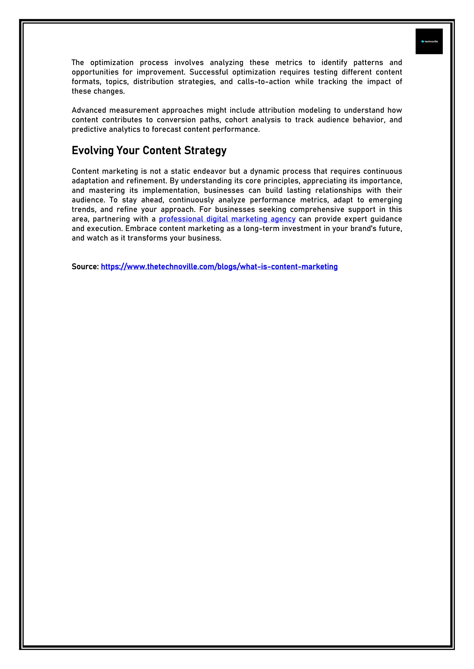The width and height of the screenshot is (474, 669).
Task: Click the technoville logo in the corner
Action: pos(429,41)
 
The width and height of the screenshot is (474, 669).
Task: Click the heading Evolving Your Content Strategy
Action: pos(149,151)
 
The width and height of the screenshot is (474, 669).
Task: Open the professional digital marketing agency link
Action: pos(227,219)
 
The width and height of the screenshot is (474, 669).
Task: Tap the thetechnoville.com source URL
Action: pos(219,267)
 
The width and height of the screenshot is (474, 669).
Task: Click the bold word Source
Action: pos(85,267)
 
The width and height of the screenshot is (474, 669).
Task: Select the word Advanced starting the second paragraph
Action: pos(89,110)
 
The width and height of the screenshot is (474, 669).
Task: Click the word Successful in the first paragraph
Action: pos(209,72)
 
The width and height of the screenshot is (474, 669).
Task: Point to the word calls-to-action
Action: pos(264,82)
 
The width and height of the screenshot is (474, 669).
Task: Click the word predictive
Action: pos(89,130)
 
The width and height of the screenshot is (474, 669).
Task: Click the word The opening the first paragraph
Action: pos(78,63)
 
